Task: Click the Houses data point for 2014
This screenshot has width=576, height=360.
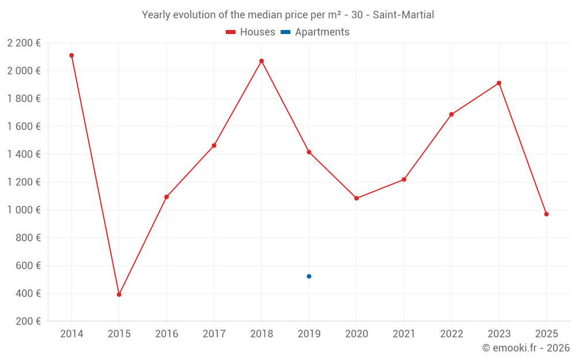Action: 71,55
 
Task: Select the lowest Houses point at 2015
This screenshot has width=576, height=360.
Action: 119,294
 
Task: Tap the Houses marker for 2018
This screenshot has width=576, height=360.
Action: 262,61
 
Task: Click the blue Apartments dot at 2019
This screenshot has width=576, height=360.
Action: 309,276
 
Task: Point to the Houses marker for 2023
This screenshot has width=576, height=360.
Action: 499,83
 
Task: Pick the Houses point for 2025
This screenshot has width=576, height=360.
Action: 546,214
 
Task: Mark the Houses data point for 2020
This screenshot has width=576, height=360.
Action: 357,198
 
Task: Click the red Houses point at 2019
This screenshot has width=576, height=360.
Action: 309,152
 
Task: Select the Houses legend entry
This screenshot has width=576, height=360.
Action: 250,32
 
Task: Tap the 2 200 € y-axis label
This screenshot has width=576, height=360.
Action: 24,43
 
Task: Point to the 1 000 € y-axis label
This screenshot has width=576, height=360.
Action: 24,210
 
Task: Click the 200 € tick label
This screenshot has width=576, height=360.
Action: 27,321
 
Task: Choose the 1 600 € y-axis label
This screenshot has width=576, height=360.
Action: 24,126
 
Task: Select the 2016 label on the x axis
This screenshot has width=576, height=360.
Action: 166,334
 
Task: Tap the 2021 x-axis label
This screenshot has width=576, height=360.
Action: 404,334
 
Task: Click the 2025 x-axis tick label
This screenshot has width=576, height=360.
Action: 546,334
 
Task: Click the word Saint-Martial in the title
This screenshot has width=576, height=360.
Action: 403,14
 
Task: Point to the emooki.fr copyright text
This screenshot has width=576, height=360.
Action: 526,348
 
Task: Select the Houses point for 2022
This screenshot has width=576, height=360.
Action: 452,115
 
